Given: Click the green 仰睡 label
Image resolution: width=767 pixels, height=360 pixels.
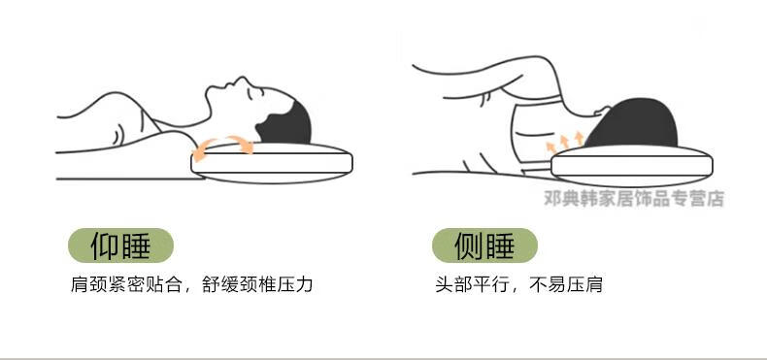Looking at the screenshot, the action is (x=120, y=245).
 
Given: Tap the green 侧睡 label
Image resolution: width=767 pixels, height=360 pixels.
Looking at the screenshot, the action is (x=484, y=245).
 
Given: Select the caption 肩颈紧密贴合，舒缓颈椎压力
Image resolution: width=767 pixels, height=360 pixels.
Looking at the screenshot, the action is (x=192, y=284).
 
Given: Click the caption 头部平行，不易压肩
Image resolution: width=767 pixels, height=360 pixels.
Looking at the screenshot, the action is (x=519, y=284).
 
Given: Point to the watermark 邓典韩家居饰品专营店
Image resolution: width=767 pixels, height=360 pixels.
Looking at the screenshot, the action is (x=634, y=199).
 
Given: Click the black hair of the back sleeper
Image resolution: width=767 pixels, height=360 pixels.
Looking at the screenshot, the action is (x=287, y=125).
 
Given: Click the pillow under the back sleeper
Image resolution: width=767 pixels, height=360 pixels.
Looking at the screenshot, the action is (x=272, y=163).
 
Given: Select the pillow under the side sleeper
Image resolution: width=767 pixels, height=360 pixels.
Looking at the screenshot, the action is (x=632, y=165).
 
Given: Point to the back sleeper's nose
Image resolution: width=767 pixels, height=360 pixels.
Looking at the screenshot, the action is (x=240, y=80).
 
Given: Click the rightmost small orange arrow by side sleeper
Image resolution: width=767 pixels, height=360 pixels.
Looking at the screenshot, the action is (x=580, y=138).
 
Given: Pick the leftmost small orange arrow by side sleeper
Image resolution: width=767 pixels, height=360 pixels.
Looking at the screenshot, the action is (x=550, y=147).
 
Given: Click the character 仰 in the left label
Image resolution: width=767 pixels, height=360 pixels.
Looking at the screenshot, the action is (x=105, y=246).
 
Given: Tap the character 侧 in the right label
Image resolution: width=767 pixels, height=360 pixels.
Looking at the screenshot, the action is (x=469, y=246).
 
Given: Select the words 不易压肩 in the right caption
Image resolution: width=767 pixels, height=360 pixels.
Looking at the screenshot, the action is (x=566, y=284).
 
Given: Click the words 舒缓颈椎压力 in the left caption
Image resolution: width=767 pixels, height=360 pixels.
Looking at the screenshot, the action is (x=258, y=284).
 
